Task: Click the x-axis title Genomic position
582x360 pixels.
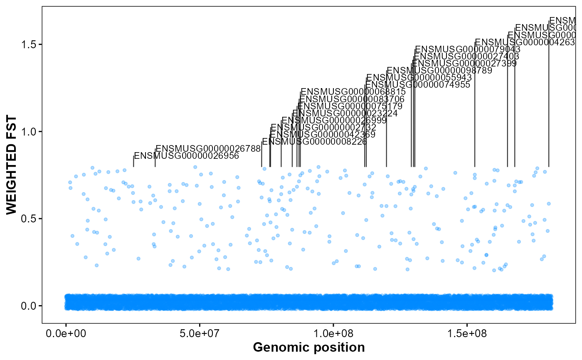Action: click(308, 348)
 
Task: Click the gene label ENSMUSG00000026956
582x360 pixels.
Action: click(187, 156)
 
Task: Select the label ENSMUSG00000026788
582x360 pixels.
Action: click(208, 148)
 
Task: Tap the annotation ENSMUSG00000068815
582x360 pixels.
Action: click(353, 91)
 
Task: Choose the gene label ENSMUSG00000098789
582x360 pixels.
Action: click(439, 71)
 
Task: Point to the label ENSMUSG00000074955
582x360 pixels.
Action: click(418, 85)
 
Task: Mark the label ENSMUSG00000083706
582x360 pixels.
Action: click(352, 99)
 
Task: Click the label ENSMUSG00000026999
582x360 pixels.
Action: click(334, 120)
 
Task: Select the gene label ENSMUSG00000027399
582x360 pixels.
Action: click(464, 63)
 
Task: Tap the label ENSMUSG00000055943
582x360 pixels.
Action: click(419, 78)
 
